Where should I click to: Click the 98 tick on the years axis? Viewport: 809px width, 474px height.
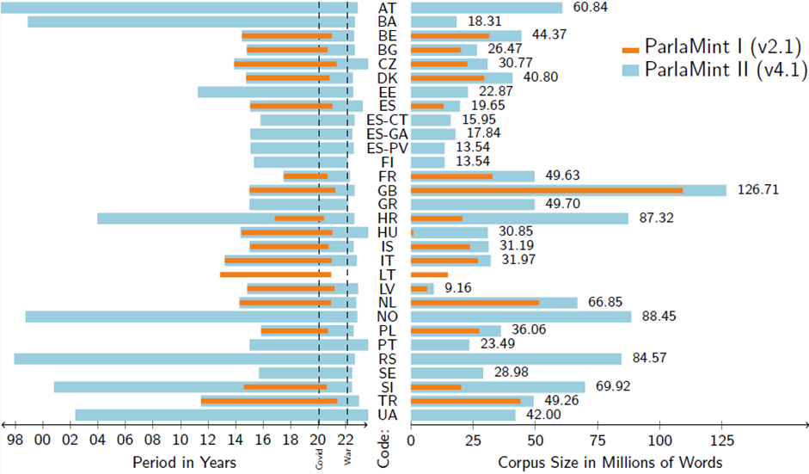pos(14,440)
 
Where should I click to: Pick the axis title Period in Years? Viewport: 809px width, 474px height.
pos(184,462)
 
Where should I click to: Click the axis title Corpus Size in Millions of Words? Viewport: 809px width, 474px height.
pos(610,462)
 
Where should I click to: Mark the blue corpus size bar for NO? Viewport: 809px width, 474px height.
pos(521,317)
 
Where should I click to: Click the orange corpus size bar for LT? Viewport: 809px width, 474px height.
pos(429,274)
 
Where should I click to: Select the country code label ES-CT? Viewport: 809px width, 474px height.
pos(387,120)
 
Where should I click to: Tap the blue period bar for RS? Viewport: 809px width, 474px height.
pos(184,359)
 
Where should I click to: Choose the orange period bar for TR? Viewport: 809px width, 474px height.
pos(269,401)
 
